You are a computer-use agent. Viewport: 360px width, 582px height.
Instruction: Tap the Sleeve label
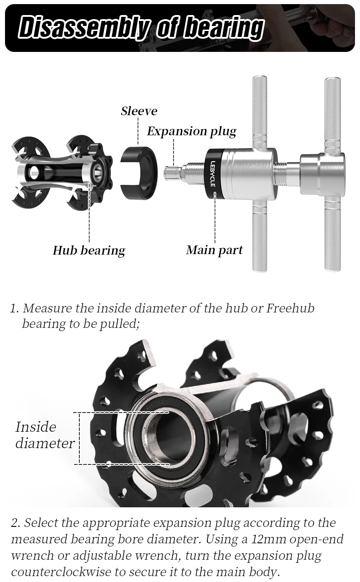(x=139, y=111)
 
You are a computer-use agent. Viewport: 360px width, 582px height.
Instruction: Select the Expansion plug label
(x=191, y=132)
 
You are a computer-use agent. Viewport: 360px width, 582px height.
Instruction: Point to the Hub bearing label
(x=89, y=250)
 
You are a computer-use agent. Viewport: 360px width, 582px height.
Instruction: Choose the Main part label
(x=214, y=250)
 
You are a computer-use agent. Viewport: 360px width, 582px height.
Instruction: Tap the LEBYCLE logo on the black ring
(x=213, y=173)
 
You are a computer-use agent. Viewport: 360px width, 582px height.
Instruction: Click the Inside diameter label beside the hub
(x=44, y=435)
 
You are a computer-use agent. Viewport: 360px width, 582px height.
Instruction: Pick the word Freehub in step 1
(x=290, y=308)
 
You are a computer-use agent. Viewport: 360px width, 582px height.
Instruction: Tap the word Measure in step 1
(x=47, y=308)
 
